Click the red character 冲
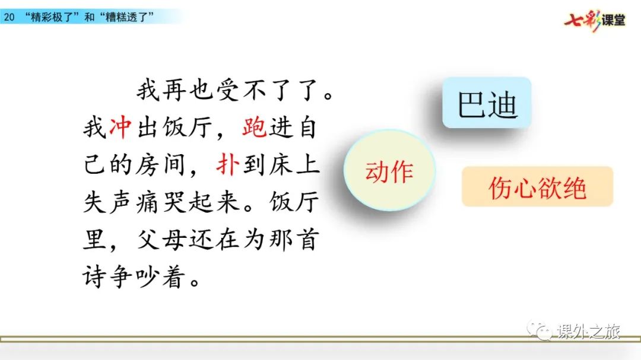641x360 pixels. point(120,128)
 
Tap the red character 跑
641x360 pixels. point(254,128)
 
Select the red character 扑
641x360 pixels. point(227,165)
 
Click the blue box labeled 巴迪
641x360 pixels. point(487,102)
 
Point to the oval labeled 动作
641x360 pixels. point(389,170)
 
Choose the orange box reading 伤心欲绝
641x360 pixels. point(537,187)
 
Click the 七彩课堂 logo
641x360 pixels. point(595,20)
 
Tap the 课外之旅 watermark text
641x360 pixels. point(589,331)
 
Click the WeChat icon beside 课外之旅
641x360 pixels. point(540,330)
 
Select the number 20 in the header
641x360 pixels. point(9,17)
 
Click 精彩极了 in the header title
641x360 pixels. point(52,17)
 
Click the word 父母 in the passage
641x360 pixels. point(160,240)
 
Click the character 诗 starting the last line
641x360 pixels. point(94,277)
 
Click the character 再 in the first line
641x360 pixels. point(174,90)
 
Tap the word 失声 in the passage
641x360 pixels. point(107,202)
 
